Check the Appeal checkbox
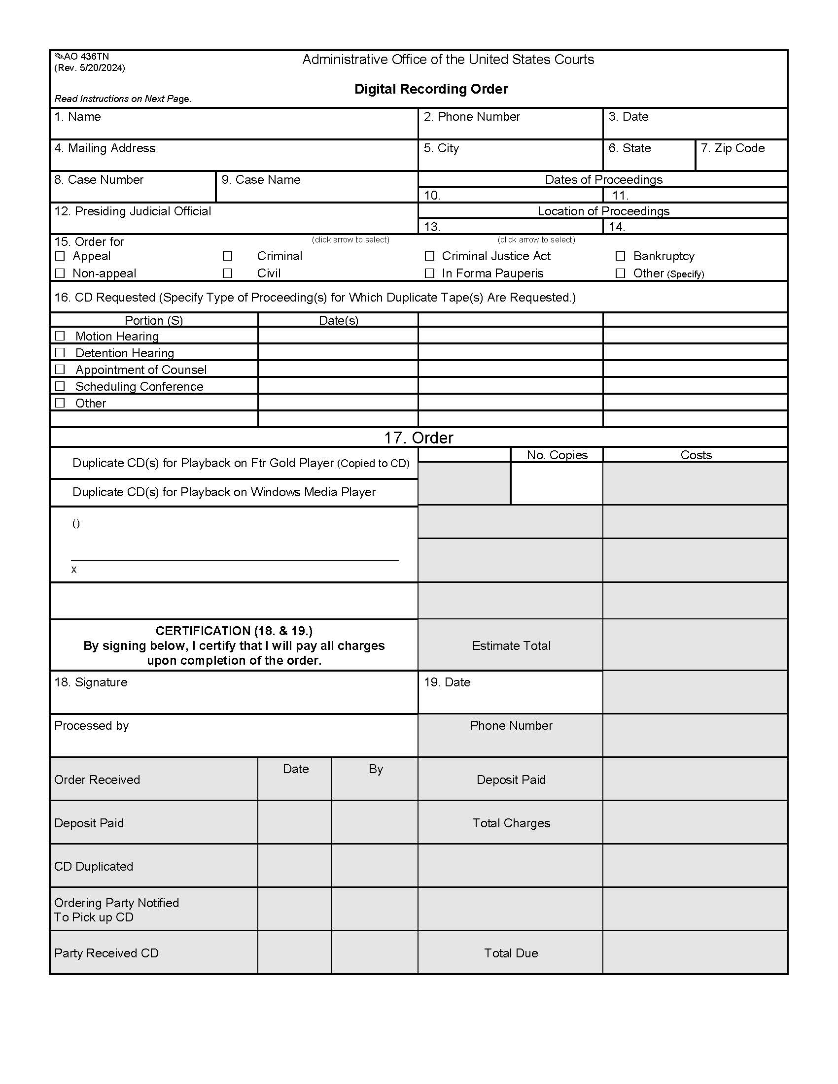[x=60, y=256]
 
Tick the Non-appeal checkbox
[x=60, y=273]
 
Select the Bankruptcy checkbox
[x=620, y=256]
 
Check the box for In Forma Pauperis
[x=429, y=273]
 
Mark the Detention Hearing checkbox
[x=60, y=353]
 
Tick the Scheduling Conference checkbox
[x=60, y=386]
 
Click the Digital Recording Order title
[x=431, y=89]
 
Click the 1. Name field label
[x=77, y=117]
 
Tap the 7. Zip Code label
[x=732, y=148]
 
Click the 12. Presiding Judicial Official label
[x=133, y=211]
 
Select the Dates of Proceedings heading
[x=603, y=180]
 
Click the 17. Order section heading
[x=419, y=438]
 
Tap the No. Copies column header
[x=557, y=455]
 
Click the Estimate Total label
[x=511, y=646]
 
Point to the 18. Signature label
[x=91, y=682]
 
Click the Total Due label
[x=511, y=953]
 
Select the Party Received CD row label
[x=106, y=953]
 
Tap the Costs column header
[x=696, y=455]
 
